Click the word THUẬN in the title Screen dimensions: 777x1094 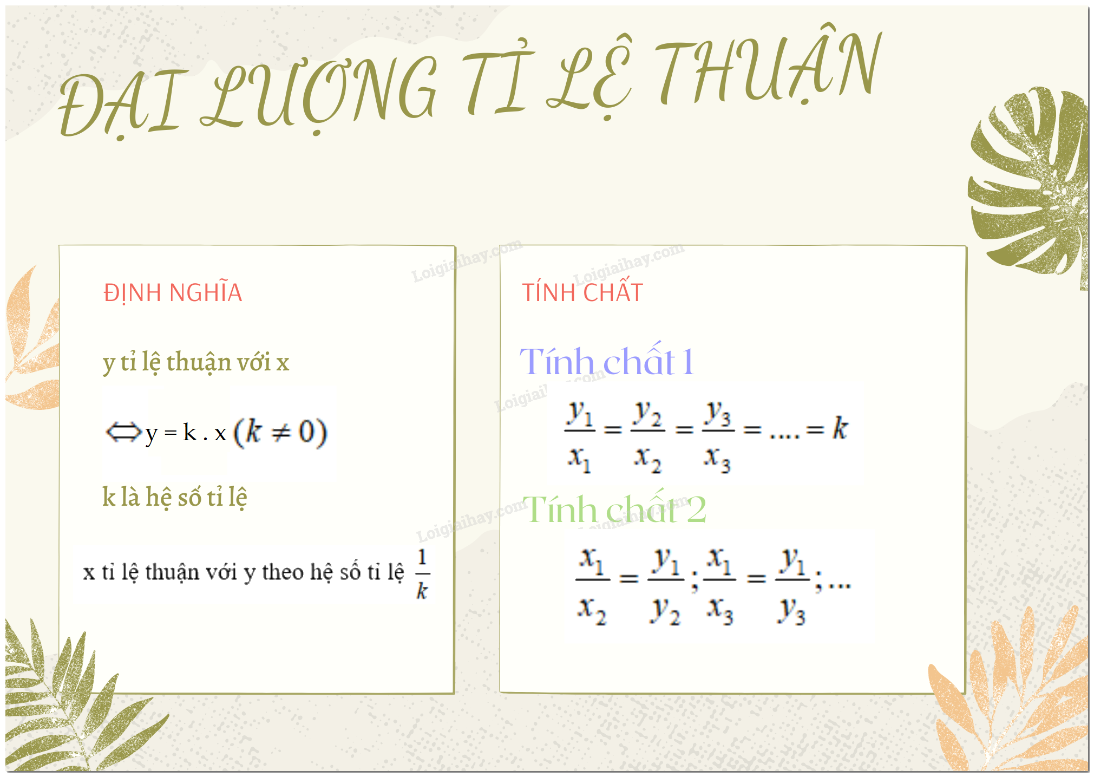point(769,68)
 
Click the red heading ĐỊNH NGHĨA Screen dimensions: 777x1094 point(173,293)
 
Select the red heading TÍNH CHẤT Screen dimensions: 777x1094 point(582,293)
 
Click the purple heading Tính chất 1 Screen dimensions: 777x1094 point(607,361)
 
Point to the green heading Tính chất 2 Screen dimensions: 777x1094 point(614,509)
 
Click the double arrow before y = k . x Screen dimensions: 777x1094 point(123,433)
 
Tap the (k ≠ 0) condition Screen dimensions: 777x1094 point(280,433)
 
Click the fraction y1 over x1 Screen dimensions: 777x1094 point(580,436)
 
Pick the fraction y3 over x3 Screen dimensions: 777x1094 point(718,436)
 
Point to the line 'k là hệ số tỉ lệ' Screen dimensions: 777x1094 point(175,497)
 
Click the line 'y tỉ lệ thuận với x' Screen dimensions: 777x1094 point(196,362)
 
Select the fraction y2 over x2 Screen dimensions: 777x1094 point(648,436)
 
